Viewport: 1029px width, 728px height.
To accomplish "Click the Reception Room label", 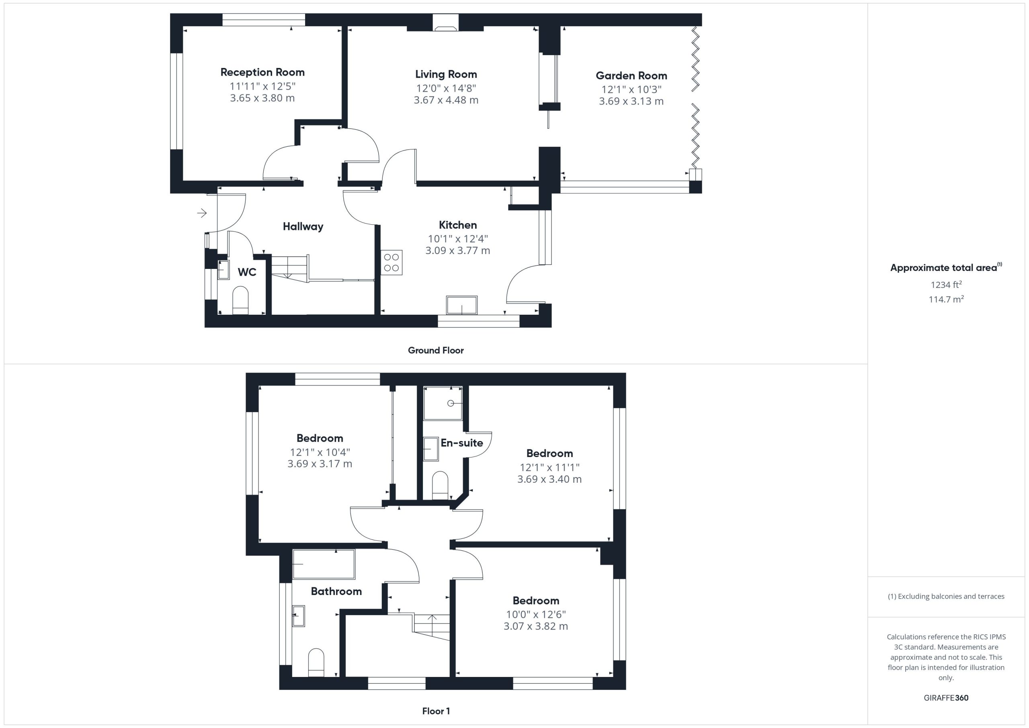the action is coord(262,72).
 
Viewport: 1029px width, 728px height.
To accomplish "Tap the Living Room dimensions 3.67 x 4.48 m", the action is coord(446,100).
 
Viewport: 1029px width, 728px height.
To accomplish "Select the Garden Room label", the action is coord(631,76).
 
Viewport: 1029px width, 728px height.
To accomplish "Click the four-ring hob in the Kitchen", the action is coord(391,262).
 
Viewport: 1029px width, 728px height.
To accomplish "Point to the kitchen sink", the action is coord(461,305).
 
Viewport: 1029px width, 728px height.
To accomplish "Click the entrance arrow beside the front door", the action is coord(202,213).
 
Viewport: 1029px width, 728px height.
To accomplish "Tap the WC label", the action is coord(247,272).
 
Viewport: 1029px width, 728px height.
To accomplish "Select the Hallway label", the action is coord(303,227).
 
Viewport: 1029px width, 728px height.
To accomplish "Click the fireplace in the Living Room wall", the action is coord(445,23).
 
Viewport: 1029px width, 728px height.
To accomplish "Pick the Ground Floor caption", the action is coord(436,351).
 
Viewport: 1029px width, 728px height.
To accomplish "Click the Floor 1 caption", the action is coord(436,711).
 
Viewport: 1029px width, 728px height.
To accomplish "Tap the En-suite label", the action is coord(461,443).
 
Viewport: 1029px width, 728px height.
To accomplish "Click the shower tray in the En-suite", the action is coord(443,403).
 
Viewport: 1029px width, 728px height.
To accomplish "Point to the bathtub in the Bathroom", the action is coord(324,564).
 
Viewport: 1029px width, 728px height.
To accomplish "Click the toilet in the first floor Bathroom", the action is coord(316,662).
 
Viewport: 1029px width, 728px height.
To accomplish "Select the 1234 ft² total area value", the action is coord(946,284).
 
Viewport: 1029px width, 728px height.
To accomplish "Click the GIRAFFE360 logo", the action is coord(946,697).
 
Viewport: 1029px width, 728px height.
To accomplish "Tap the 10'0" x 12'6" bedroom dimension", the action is coord(536,615).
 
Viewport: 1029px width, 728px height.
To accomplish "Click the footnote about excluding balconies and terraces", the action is coord(946,596).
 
